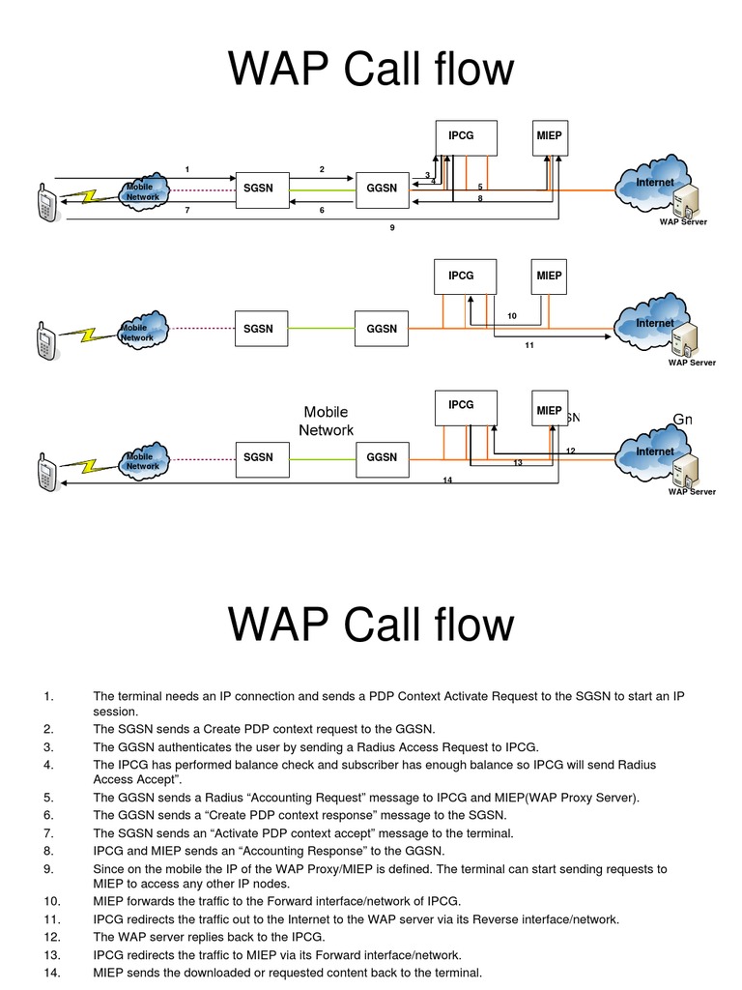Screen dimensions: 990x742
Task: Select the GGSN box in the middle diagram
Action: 382,329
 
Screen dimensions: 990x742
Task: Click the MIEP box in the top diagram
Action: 549,137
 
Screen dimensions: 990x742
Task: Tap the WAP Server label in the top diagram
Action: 683,222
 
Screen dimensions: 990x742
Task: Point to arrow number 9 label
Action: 391,228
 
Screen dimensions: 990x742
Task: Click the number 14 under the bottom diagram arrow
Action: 447,480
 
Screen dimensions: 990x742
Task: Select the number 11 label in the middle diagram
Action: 529,344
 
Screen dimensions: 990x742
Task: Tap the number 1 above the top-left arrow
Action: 186,170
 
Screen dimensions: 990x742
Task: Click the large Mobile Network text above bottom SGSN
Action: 326,422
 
